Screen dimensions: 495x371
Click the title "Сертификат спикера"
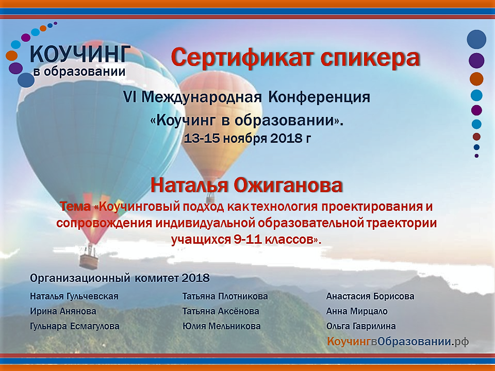point(295,58)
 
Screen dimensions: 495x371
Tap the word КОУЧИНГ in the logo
point(80,54)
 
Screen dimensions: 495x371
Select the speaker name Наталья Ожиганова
point(246,185)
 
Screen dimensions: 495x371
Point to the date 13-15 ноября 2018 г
point(247,138)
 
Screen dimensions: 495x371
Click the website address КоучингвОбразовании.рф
point(398,341)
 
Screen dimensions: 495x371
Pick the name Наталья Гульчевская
point(74,297)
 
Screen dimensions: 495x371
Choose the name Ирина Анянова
point(63,311)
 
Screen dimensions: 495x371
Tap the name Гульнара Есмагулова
point(75,326)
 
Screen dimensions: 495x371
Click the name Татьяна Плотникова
point(225,297)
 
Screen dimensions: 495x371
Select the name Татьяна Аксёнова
point(221,311)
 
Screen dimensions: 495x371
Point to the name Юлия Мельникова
point(222,326)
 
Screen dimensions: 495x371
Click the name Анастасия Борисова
point(370,297)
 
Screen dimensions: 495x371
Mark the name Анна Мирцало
point(357,311)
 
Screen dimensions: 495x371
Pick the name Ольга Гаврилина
point(361,326)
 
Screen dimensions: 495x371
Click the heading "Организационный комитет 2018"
point(120,278)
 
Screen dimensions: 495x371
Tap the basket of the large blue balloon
point(89,261)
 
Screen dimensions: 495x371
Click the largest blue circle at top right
point(476,39)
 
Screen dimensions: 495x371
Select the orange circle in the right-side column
point(476,79)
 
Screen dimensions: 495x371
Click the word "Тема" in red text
point(75,207)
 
